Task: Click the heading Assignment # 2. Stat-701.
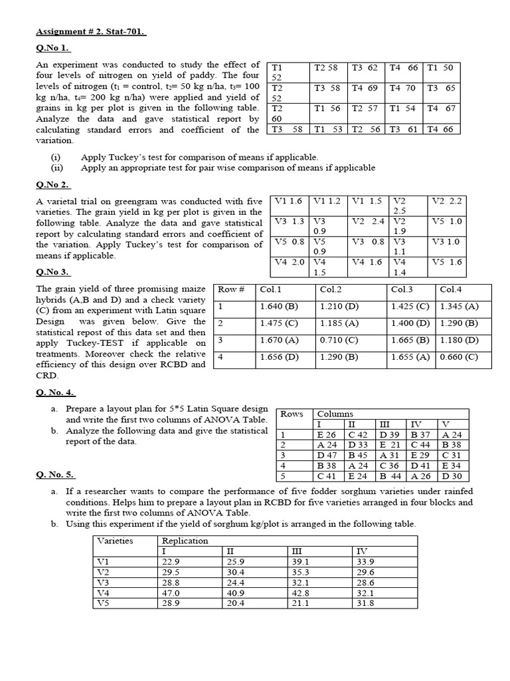[x=90, y=31]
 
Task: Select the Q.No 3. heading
[x=52, y=272]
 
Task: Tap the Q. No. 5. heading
[x=56, y=475]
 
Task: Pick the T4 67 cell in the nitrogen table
[x=441, y=108]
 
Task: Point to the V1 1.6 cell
[x=288, y=201]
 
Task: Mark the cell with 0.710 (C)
[x=338, y=340]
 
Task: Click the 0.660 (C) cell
[x=458, y=357]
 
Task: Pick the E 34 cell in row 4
[x=455, y=466]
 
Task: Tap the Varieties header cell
[x=116, y=541]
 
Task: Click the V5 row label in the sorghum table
[x=104, y=603]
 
